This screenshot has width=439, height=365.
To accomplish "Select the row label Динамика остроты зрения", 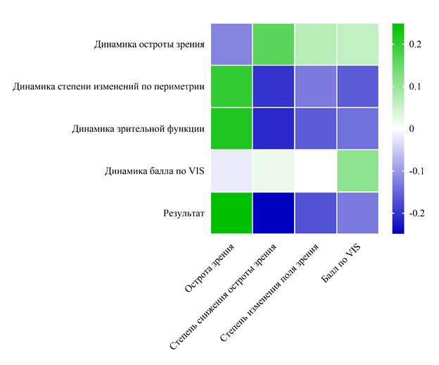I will click(x=149, y=44).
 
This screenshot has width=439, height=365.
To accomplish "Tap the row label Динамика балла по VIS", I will click(x=154, y=171).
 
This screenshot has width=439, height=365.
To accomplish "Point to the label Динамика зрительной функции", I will click(x=139, y=128).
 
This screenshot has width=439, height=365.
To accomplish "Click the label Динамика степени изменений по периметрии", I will click(x=109, y=87).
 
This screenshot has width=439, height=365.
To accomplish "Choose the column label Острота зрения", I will click(x=210, y=267).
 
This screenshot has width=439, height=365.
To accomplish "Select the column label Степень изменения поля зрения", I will click(x=271, y=291).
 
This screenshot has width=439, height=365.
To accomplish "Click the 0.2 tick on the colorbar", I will click(x=415, y=44).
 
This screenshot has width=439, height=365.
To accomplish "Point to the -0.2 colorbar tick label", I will click(x=416, y=213).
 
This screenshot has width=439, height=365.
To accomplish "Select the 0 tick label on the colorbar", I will click(x=411, y=129).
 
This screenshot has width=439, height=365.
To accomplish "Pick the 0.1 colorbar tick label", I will click(x=415, y=87).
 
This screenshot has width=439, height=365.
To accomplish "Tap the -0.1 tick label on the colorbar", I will click(x=416, y=171).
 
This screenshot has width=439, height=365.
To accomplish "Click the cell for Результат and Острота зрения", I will click(x=231, y=212).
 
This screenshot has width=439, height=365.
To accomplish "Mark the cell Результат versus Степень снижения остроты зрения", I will click(x=273, y=212).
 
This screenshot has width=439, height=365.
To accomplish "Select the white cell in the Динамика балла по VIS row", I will click(x=315, y=171).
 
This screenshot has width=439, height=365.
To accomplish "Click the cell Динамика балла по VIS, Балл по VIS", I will click(x=357, y=171).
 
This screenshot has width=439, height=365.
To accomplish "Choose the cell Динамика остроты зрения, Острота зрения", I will click(x=231, y=44).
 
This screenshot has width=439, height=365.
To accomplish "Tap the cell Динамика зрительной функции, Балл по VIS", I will click(x=357, y=128).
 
